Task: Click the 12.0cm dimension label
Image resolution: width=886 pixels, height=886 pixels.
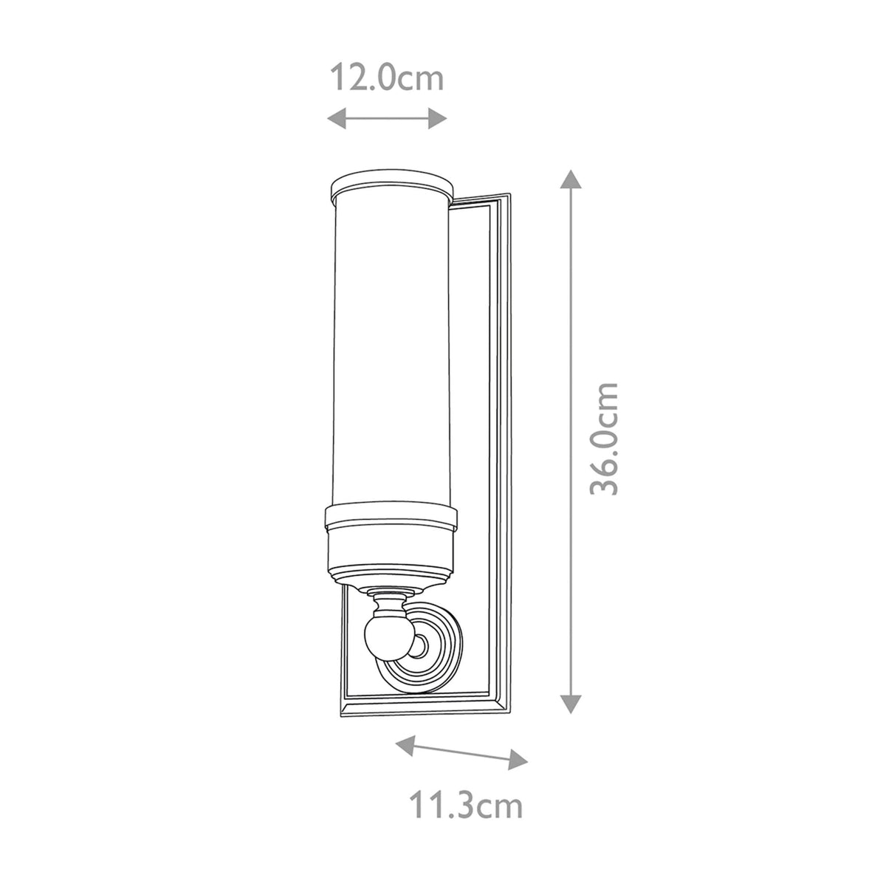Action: [x=385, y=78]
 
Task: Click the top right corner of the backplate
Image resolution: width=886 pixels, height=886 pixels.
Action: [x=507, y=196]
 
